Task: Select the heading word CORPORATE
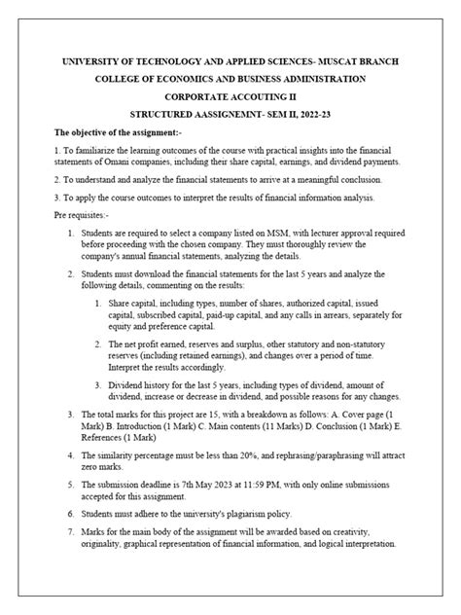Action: coord(193,96)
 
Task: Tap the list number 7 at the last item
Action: coord(70,532)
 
